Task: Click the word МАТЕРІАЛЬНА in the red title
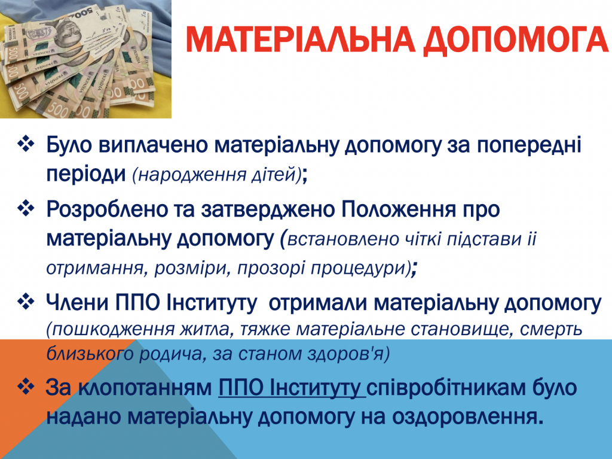click(300, 40)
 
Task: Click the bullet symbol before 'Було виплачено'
click(26, 144)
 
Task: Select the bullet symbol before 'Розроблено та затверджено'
click(26, 208)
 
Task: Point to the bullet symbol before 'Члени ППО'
click(26, 302)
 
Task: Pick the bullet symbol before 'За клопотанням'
click(26, 386)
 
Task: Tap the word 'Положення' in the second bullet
click(399, 209)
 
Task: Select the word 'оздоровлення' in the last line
click(467, 417)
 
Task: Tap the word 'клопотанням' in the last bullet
click(145, 388)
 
